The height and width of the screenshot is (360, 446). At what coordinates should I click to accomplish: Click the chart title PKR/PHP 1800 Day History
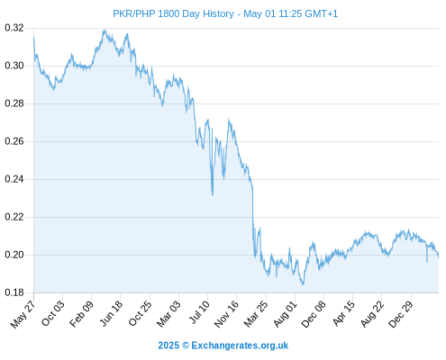pos(173,13)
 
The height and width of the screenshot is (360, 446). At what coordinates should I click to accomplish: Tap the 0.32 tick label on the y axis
pos(14,28)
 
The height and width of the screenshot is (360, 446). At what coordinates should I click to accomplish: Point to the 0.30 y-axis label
pos(14,66)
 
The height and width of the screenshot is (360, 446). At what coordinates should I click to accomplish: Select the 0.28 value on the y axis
pos(14,103)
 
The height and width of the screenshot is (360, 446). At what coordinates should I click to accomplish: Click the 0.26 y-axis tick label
pos(14,141)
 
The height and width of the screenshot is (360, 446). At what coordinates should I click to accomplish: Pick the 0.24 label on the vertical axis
pos(14,179)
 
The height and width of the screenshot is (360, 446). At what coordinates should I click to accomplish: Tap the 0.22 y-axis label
pos(14,217)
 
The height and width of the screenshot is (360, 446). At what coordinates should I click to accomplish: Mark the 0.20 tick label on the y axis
pos(14,255)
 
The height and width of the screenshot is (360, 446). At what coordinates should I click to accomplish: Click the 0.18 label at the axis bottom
pos(14,292)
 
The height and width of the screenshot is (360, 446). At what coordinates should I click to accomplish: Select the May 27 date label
pos(23,314)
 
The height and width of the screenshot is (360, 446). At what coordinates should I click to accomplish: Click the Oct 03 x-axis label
pos(53,313)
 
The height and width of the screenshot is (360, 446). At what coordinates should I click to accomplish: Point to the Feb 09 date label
pos(81,313)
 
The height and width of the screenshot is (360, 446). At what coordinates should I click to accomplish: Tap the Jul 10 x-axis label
pos(199,312)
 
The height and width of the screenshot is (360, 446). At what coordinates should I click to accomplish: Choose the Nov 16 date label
pos(226,314)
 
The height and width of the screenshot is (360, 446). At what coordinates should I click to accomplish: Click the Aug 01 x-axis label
pos(285,314)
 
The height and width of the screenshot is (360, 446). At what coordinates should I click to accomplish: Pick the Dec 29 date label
pos(401,314)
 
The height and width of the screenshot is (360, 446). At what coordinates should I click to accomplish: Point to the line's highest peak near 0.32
pos(105,30)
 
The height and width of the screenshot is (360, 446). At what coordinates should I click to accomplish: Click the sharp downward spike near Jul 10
pos(213,194)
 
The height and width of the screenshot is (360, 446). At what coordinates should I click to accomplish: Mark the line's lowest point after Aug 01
pos(303,283)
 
